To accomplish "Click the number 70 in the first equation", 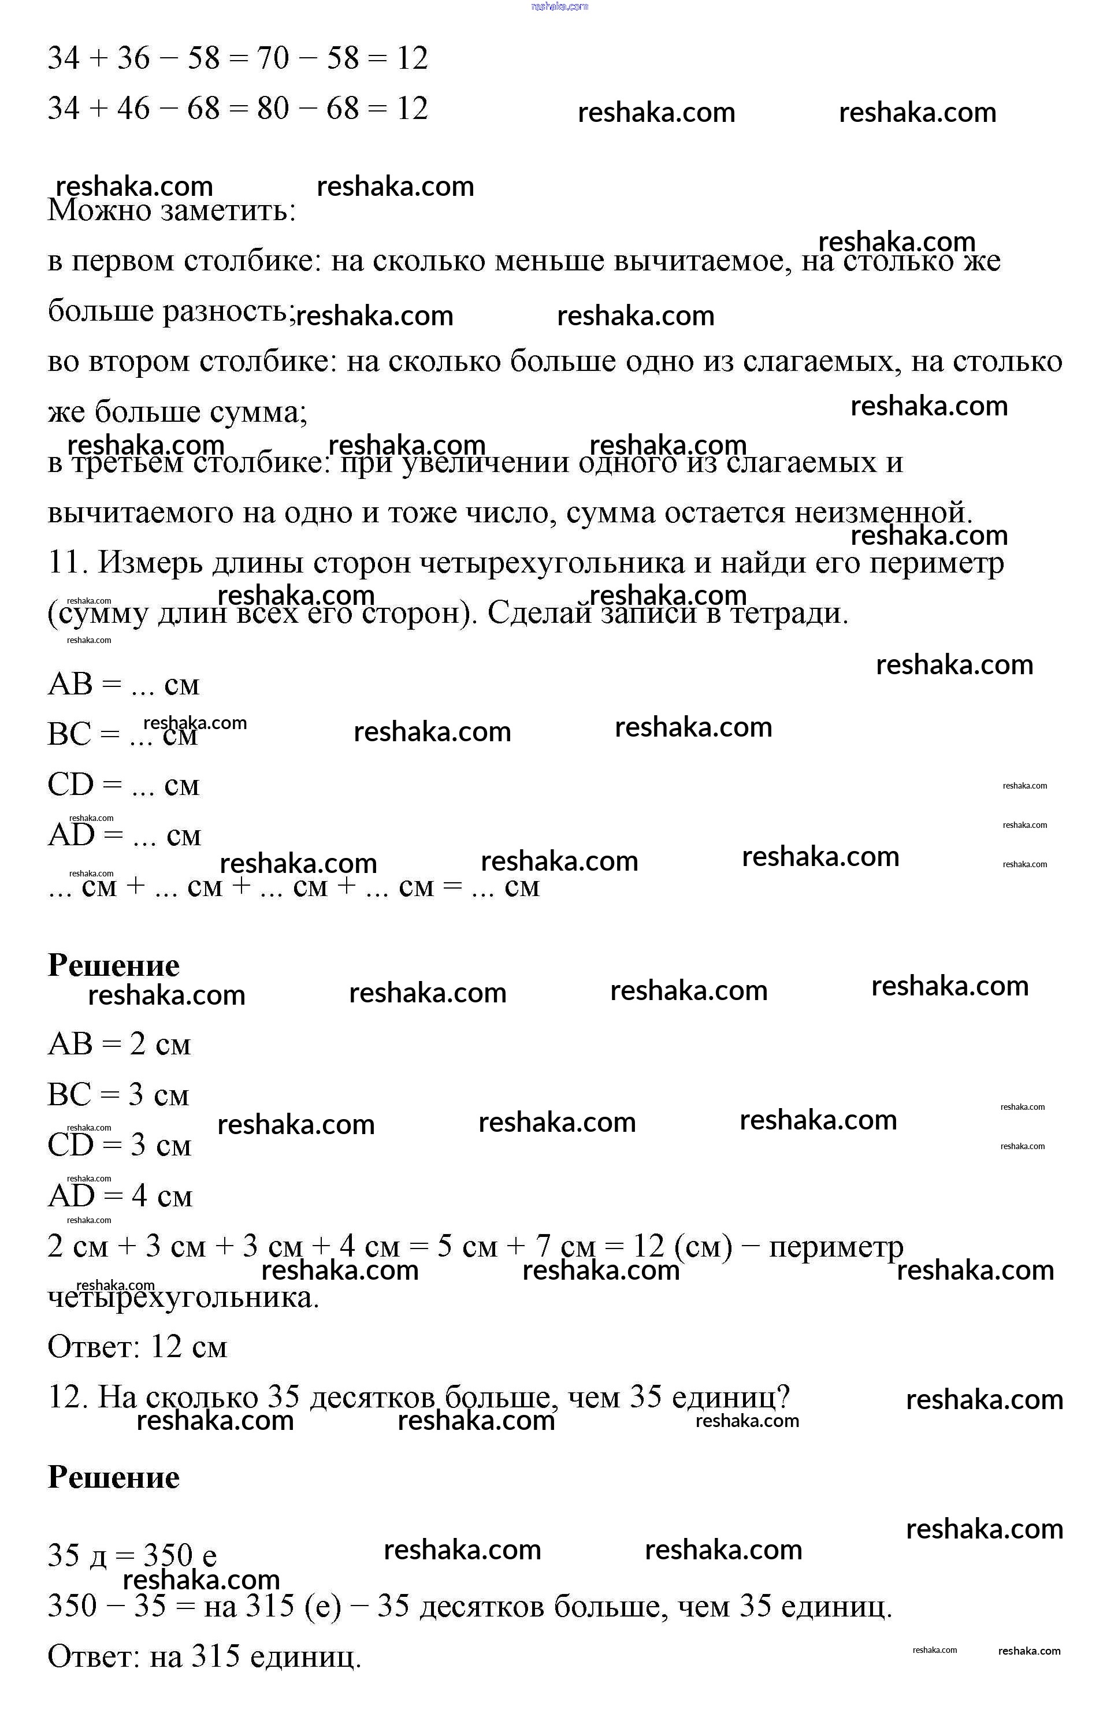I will (273, 58).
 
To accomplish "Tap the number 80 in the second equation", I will (273, 109).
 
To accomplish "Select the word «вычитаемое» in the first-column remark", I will (697, 261).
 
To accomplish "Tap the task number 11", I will (67, 562).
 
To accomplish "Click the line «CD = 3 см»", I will (120, 1145).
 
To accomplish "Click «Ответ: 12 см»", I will (138, 1347).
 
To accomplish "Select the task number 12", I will (67, 1397).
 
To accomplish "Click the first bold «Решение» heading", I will (114, 965).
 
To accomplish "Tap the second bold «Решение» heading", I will (114, 1477).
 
